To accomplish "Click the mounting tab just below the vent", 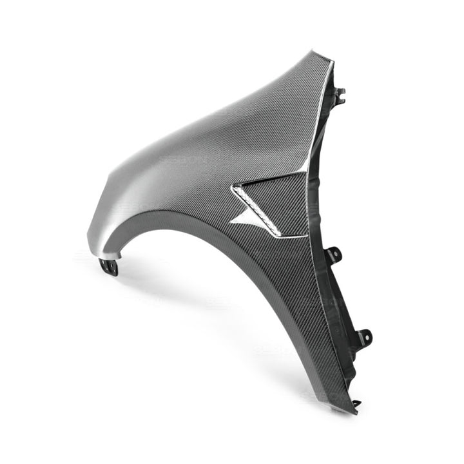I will [x=334, y=255].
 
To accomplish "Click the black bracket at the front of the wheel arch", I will [x=111, y=265].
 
